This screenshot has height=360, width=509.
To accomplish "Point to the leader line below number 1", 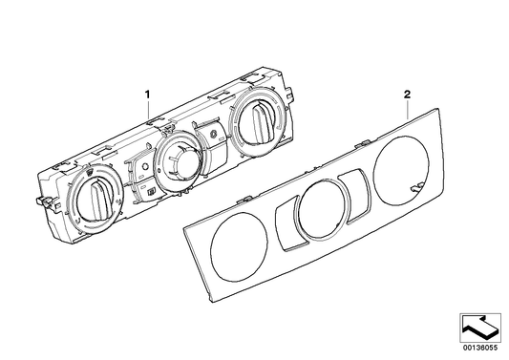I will [x=149, y=111].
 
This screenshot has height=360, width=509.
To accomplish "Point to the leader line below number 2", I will [x=409, y=108].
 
